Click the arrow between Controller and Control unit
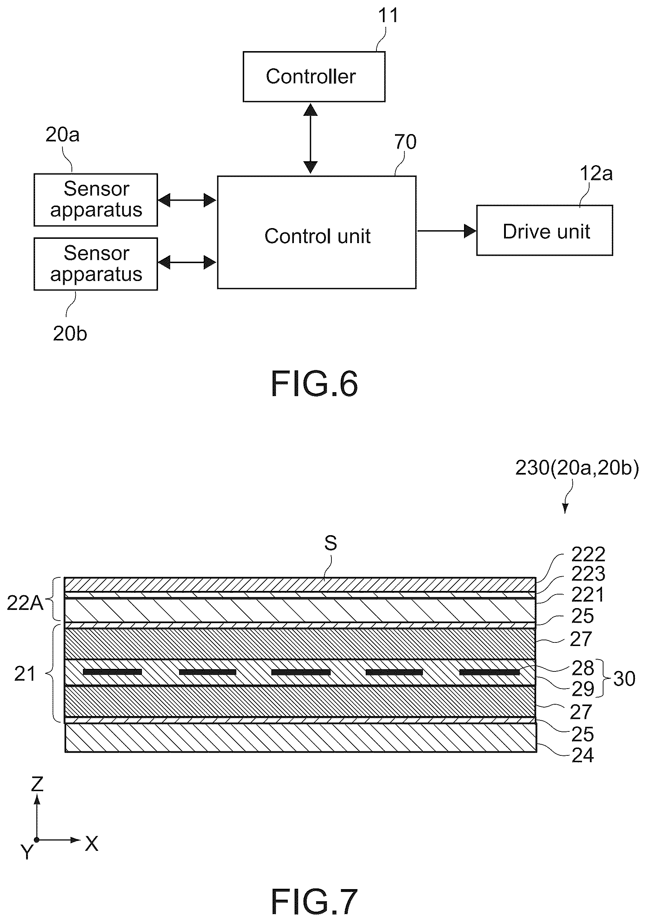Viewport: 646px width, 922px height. coord(310,139)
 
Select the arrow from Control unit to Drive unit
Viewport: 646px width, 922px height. coord(447,231)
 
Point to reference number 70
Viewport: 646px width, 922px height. coord(405,142)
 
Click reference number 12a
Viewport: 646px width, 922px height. coord(596,173)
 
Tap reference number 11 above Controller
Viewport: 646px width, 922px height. coord(388,15)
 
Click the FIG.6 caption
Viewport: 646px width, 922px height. coord(314,384)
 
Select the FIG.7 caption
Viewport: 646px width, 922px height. coord(314,902)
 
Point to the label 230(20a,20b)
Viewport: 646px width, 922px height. coord(577,468)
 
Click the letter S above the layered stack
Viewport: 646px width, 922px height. coord(330,543)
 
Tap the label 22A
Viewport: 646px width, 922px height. coord(25,603)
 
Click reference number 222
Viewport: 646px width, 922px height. coord(588,554)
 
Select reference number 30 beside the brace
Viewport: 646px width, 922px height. coord(624,679)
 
